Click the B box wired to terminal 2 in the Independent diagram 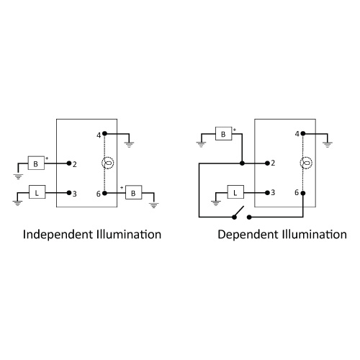tap(36, 163)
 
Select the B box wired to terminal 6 tap(134, 192)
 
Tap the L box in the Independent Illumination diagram tap(37, 192)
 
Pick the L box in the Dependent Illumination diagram tap(235, 192)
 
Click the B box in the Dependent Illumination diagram tap(224, 133)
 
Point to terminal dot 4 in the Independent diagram tap(104, 133)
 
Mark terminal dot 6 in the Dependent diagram tap(303, 193)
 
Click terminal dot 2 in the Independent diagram tap(69, 163)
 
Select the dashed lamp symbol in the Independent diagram tap(108, 163)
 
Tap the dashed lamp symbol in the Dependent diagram tap(306, 163)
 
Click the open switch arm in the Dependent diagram tap(239, 212)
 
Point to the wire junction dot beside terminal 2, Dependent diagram tap(242, 163)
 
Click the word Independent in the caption tap(58, 235)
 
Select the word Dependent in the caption tap(248, 235)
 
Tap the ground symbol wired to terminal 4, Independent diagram tap(129, 145)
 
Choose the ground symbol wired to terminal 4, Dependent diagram tap(328, 145)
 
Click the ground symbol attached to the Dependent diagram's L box tap(216, 203)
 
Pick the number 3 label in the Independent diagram tap(75, 194)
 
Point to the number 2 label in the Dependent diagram tap(273, 163)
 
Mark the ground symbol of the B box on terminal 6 tap(154, 205)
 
